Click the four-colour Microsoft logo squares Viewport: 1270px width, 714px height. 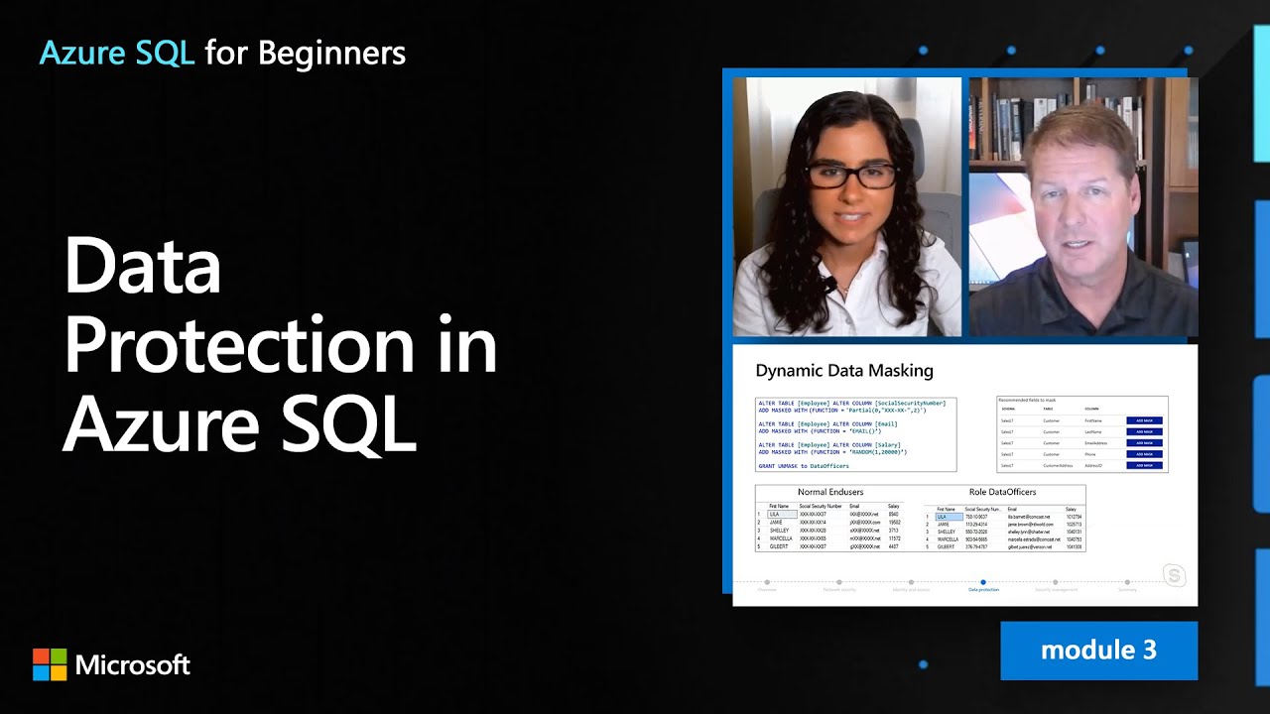50,664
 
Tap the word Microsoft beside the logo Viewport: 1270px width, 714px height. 133,664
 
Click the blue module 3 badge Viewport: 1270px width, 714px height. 1098,651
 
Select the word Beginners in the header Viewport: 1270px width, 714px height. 331,53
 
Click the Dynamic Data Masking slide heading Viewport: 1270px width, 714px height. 844,371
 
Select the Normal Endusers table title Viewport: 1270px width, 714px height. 830,492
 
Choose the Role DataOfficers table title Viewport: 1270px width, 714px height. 1002,492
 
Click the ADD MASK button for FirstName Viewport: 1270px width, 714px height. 1144,420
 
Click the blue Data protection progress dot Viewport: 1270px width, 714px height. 983,582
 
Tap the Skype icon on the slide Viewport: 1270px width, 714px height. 1174,575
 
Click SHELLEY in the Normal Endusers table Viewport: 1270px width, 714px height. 780,531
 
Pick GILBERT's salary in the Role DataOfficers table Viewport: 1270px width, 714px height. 1074,546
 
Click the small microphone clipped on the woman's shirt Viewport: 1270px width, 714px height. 825,287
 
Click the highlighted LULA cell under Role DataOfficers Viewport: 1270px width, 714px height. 948,517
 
